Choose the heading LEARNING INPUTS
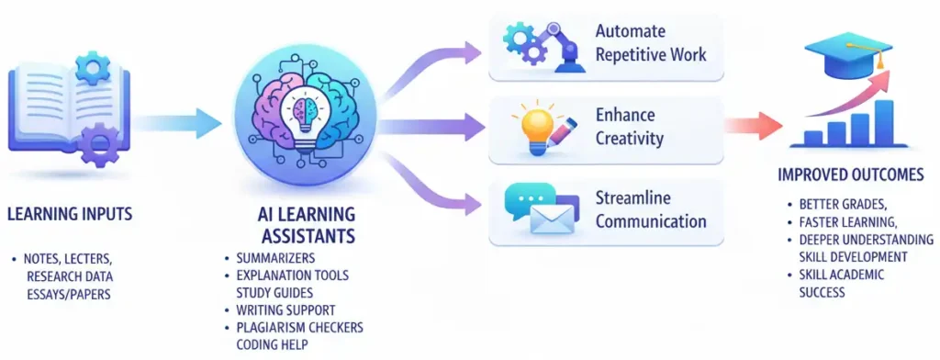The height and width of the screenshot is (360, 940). [x=70, y=215]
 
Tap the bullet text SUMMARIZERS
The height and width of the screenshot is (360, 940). [x=271, y=258]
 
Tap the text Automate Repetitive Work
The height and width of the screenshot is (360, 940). [x=649, y=42]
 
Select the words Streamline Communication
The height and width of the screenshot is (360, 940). [x=649, y=209]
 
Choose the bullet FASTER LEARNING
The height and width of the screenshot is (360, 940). [x=845, y=221]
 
